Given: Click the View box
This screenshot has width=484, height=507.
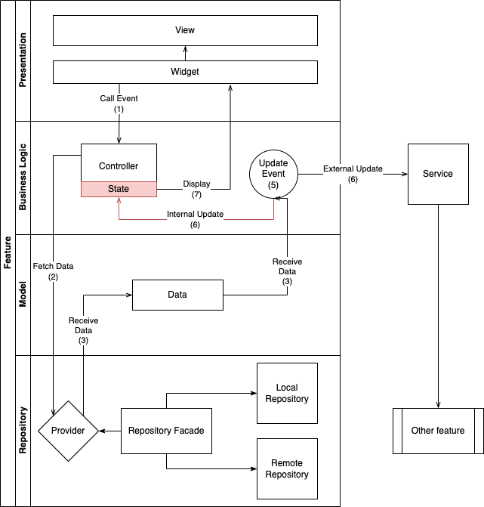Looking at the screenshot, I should [x=185, y=30].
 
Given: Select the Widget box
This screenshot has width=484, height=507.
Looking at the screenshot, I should [x=185, y=72].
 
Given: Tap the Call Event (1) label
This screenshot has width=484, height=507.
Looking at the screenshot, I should [x=119, y=104].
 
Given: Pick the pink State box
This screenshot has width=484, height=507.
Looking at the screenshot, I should [x=119, y=189].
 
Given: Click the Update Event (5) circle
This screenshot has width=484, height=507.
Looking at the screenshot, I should [x=273, y=174].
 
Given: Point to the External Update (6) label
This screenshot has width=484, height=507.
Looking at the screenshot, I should [x=353, y=174].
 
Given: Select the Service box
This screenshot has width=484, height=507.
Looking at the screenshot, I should [x=438, y=174].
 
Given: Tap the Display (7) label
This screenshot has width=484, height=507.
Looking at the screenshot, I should [x=196, y=189].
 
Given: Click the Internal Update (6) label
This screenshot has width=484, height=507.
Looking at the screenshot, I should [x=195, y=219].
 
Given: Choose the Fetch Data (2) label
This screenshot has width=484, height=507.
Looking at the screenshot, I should [x=53, y=271].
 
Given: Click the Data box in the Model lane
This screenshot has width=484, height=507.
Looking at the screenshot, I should [x=177, y=295].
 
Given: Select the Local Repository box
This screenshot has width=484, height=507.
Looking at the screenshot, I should [x=287, y=393].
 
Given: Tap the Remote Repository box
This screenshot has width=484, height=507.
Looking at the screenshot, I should [x=287, y=468].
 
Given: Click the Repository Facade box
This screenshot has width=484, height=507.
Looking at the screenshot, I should [x=166, y=431].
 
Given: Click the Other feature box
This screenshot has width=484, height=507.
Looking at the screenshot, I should [x=438, y=431].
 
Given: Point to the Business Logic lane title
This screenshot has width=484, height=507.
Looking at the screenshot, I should [x=23, y=178].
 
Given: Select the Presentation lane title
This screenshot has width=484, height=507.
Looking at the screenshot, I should [x=23, y=60].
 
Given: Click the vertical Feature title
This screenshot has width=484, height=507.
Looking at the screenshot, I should [x=8, y=253].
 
